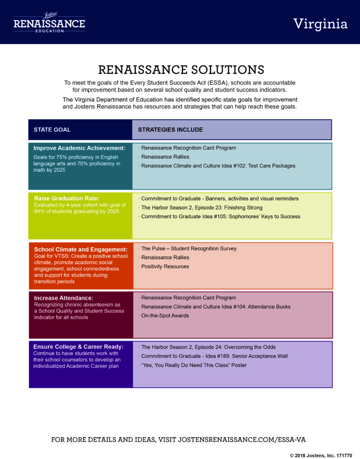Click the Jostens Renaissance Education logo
point(49,22)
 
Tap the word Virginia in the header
point(321,24)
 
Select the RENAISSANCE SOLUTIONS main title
point(181,69)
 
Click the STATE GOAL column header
point(52,130)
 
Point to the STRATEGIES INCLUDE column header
point(170,130)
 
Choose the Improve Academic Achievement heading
point(79,148)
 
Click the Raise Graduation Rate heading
point(67,198)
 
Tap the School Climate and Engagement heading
point(81,249)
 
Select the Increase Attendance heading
point(64,298)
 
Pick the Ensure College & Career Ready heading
point(78,346)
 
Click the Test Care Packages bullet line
point(217,166)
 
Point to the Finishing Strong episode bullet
point(201,208)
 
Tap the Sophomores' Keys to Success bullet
point(220,217)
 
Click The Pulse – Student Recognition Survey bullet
point(187,248)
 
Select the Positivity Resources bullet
point(164,266)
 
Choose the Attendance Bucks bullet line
point(215,307)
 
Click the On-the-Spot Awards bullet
point(164,316)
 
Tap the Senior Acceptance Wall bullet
point(213,356)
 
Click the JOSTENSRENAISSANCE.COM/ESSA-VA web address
point(242,440)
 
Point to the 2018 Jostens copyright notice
point(321,455)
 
